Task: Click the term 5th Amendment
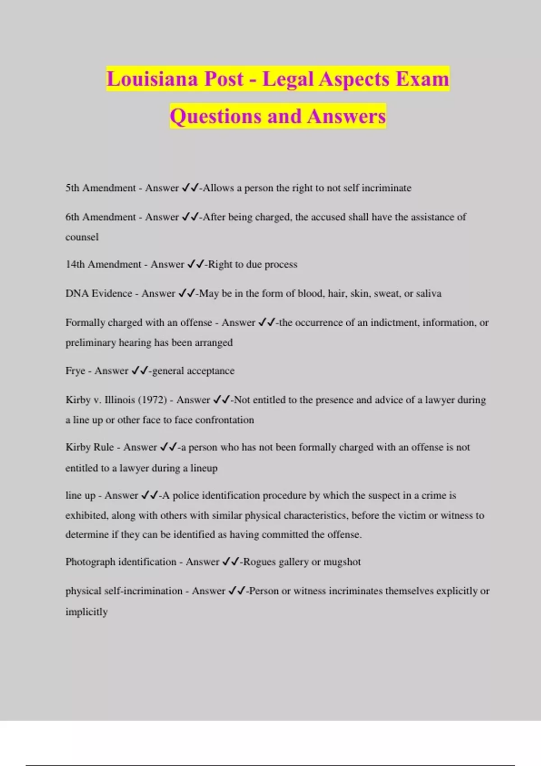[x=101, y=188]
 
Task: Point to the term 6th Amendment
[x=101, y=217]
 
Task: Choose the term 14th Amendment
[x=103, y=264]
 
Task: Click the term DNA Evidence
[x=99, y=293]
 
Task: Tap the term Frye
[x=75, y=371]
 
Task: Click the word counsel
[x=82, y=237]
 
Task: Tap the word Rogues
[x=259, y=562]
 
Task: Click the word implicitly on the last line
[x=86, y=612]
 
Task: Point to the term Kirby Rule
[x=89, y=447]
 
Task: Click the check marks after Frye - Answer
[x=140, y=371]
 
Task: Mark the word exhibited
[x=87, y=515]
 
